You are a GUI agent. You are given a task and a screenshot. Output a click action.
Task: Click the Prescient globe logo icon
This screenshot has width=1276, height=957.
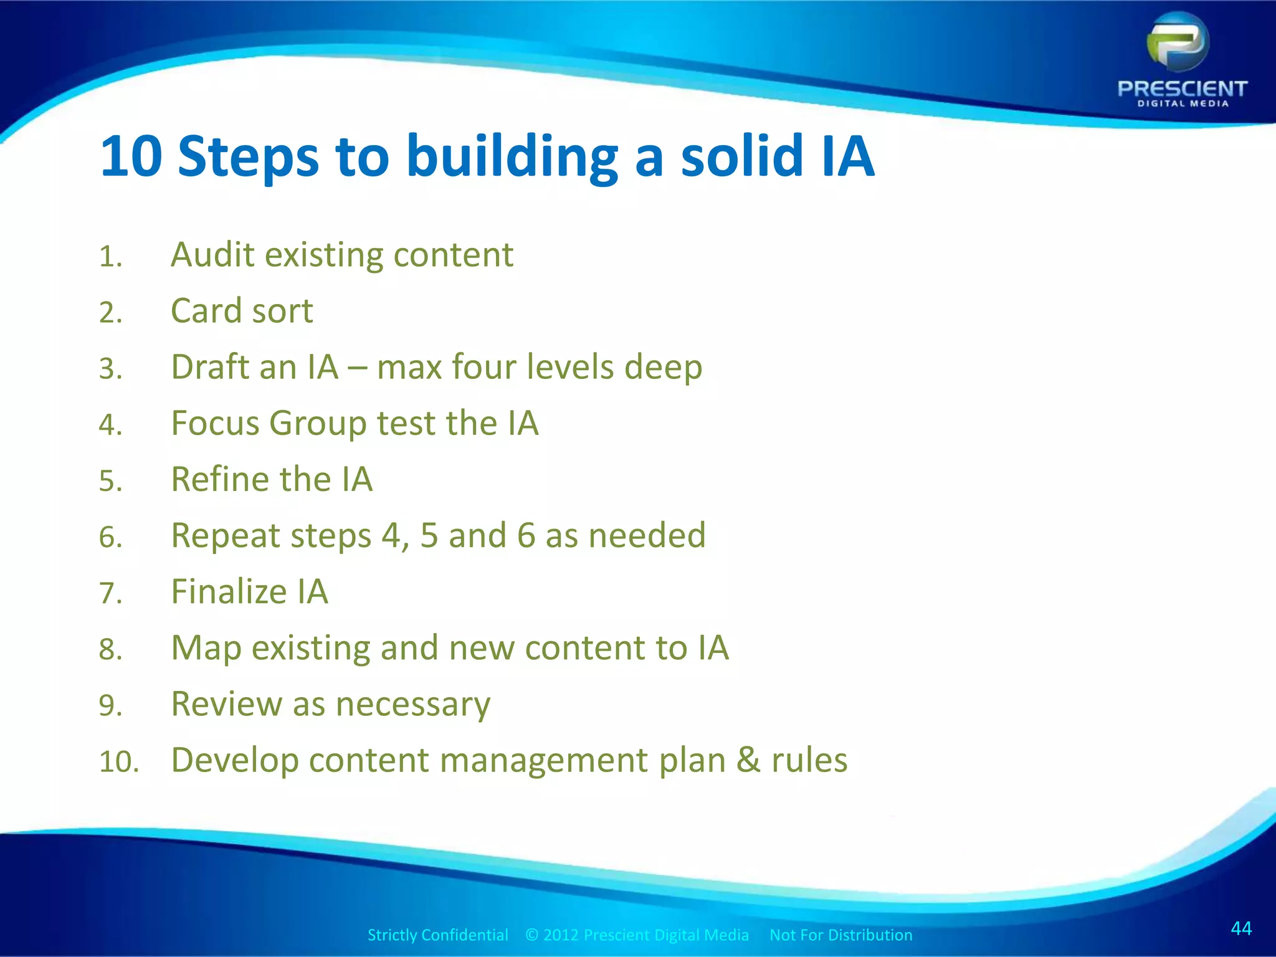1178,44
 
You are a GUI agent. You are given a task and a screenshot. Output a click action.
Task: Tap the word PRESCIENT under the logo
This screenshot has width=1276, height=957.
1182,89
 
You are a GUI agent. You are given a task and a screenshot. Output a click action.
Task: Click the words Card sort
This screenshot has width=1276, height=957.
242,311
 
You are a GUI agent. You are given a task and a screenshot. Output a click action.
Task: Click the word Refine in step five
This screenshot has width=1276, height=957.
220,479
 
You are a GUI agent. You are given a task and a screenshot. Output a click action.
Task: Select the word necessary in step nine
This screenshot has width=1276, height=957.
412,705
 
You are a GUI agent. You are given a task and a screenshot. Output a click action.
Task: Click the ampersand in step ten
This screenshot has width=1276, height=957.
748,761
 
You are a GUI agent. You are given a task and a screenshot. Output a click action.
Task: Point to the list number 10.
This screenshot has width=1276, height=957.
118,762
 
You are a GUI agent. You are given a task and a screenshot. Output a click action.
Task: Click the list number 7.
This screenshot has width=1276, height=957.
110,593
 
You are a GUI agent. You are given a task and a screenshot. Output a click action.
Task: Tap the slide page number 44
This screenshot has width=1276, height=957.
1241,928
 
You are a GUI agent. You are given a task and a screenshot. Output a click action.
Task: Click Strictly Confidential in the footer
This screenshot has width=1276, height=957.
437,935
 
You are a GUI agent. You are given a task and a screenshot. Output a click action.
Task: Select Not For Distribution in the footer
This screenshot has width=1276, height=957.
840,935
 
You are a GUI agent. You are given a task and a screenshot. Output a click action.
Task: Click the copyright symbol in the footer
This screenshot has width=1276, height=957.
531,935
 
